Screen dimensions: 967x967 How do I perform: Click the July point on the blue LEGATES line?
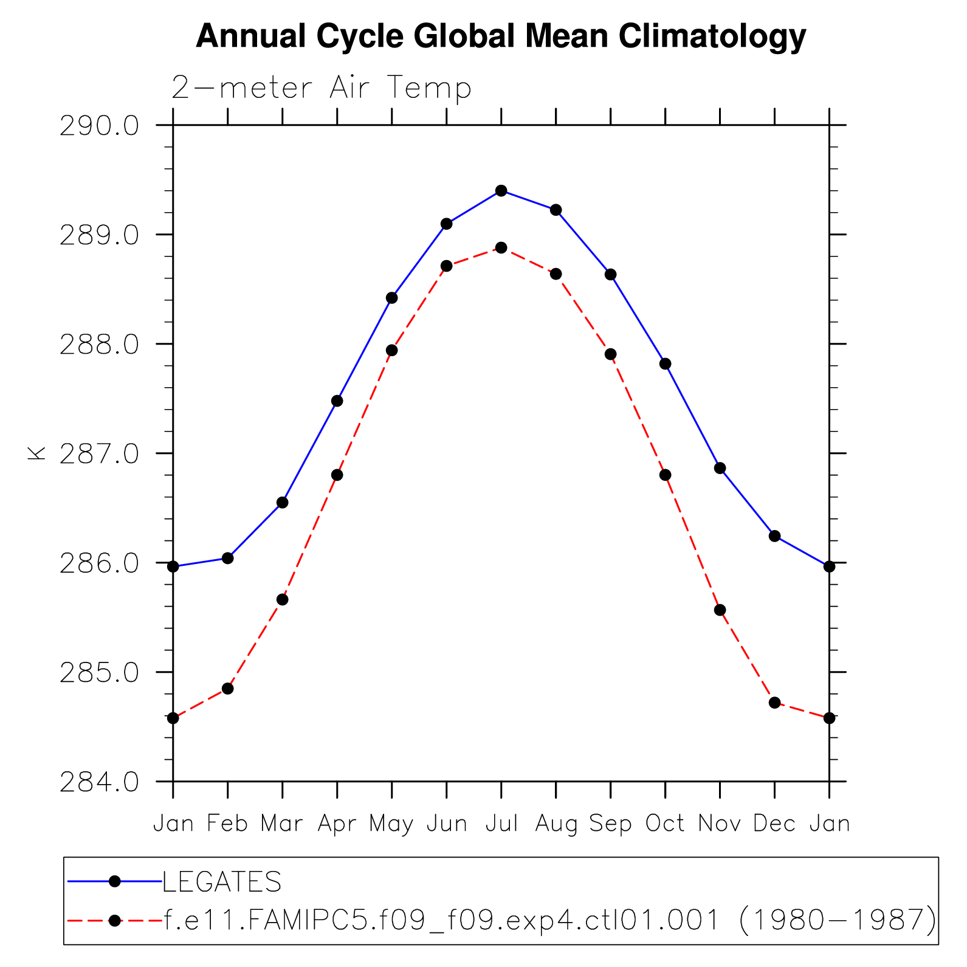click(x=501, y=191)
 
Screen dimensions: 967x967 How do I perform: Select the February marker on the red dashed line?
click(x=227, y=689)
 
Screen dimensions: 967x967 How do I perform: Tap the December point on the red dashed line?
click(x=774, y=703)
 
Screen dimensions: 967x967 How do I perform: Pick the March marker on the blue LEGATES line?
click(x=282, y=503)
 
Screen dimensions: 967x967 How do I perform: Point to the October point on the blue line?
click(x=665, y=364)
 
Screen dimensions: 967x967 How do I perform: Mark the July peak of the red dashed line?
click(x=501, y=248)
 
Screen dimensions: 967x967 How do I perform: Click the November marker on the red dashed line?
click(x=720, y=610)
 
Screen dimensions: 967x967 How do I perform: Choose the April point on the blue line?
click(x=337, y=401)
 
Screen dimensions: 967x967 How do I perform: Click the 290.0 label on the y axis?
click(x=99, y=126)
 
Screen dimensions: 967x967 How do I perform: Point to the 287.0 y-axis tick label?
click(x=99, y=454)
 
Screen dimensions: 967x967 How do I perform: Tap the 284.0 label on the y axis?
click(x=99, y=782)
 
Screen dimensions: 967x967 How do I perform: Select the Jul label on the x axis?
click(x=501, y=824)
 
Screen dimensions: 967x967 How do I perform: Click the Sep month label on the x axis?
click(x=610, y=824)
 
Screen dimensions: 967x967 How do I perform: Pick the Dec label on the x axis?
click(x=774, y=824)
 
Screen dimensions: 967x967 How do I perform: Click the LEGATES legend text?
click(x=222, y=882)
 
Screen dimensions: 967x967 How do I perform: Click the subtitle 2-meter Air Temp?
click(x=322, y=88)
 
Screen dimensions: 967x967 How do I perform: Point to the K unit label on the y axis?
click(x=36, y=453)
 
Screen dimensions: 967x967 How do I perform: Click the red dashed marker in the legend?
click(x=114, y=921)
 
